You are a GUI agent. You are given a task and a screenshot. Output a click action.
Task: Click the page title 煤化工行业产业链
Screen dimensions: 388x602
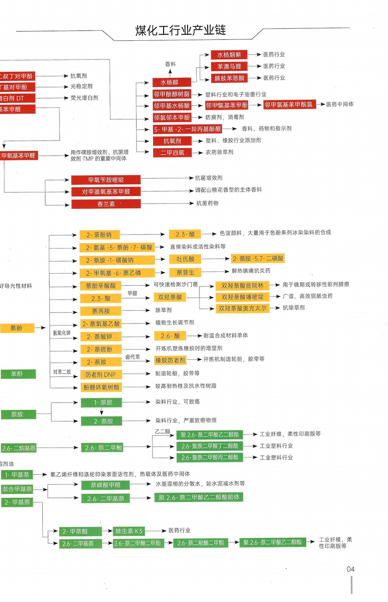pyautogui.click(x=180, y=30)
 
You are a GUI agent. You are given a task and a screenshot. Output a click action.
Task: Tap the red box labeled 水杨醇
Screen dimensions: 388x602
pyautogui.click(x=170, y=82)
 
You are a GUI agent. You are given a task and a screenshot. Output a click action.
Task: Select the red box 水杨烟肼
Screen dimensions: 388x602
pyautogui.click(x=229, y=55)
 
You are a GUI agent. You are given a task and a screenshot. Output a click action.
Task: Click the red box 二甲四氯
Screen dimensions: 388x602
pyautogui.click(x=172, y=152)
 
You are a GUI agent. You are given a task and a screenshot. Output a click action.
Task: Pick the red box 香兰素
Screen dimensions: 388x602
pyautogui.click(x=106, y=204)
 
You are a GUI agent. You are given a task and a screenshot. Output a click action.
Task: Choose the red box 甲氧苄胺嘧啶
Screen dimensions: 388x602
pyautogui.click(x=106, y=180)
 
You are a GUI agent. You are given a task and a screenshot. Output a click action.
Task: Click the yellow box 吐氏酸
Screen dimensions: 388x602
pyautogui.click(x=185, y=259)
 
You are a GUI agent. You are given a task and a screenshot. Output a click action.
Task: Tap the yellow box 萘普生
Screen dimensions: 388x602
pyautogui.click(x=185, y=272)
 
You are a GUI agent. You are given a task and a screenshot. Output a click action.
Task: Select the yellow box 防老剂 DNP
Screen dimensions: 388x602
pyautogui.click(x=101, y=375)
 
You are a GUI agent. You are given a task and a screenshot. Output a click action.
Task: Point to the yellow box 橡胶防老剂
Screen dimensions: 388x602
pyautogui.click(x=170, y=360)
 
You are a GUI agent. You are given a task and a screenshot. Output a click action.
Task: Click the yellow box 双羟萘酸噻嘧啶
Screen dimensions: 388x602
pyautogui.click(x=242, y=297)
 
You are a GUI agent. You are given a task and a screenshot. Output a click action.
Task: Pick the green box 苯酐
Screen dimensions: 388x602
pyautogui.click(x=17, y=374)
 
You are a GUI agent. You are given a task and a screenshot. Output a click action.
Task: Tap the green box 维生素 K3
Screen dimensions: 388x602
pyautogui.click(x=128, y=531)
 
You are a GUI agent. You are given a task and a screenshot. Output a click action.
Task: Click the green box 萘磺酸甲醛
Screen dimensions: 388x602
pyautogui.click(x=105, y=485)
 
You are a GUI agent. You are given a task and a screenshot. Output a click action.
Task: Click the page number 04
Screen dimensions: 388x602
pyautogui.click(x=350, y=569)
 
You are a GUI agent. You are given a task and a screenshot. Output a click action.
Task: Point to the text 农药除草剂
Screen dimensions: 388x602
pyautogui.click(x=219, y=152)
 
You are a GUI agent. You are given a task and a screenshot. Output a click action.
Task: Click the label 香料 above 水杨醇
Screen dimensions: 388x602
pyautogui.click(x=170, y=64)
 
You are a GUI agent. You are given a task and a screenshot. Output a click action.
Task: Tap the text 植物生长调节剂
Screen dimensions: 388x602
pyautogui.click(x=175, y=322)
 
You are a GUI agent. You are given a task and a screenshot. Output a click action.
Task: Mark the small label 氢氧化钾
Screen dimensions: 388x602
pyautogui.click(x=62, y=333)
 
